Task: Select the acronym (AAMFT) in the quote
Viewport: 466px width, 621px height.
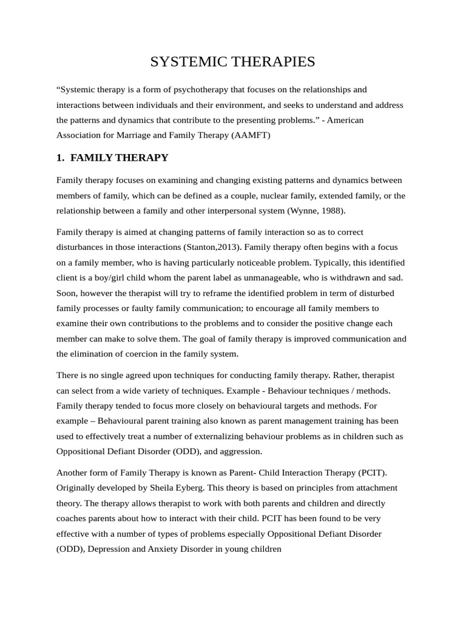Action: point(251,135)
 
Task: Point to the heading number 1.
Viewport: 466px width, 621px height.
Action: point(60,158)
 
